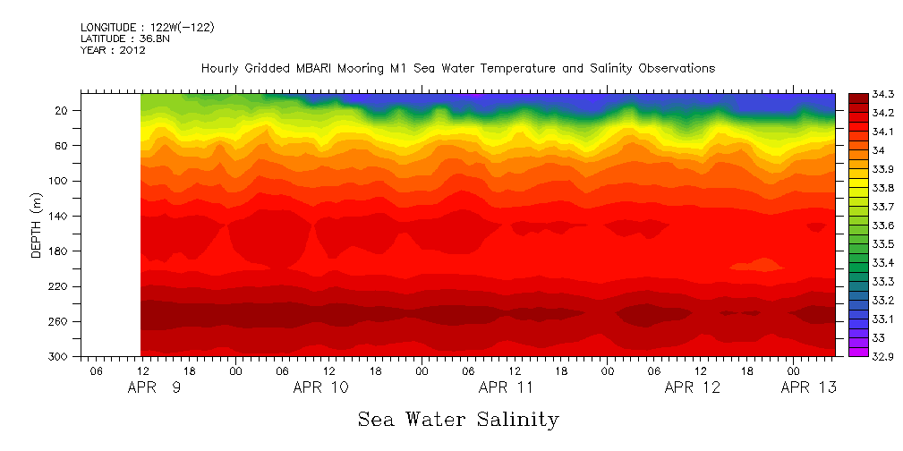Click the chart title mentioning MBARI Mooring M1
(x=457, y=68)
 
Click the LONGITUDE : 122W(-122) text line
(x=147, y=28)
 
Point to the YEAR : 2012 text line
(x=113, y=50)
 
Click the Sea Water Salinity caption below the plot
(x=458, y=419)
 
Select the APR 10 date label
(x=321, y=387)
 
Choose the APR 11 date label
(x=507, y=387)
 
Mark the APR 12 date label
(x=692, y=387)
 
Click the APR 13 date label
(x=809, y=387)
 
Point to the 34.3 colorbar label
(x=859, y=94)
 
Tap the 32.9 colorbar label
(x=859, y=356)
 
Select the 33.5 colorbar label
(x=859, y=243)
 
